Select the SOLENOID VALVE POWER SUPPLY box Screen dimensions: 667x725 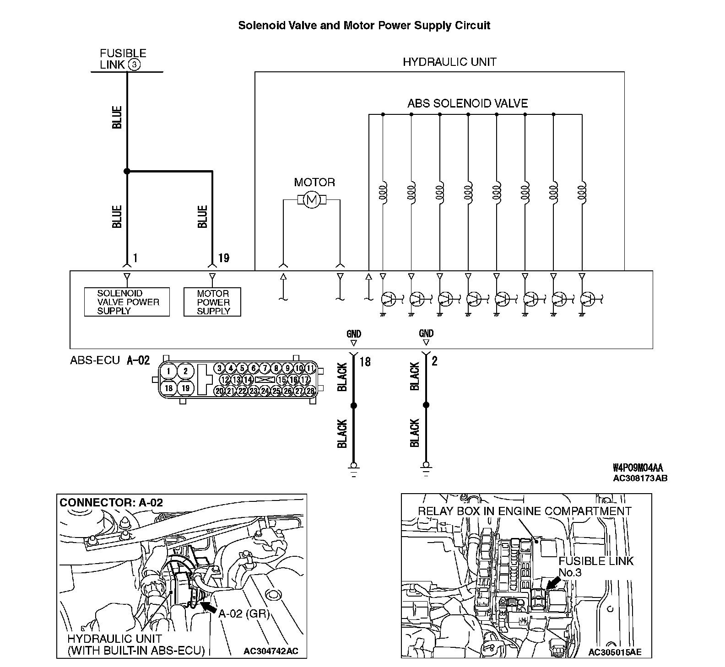pyautogui.click(x=127, y=302)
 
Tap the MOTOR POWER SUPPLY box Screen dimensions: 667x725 pyautogui.click(x=212, y=302)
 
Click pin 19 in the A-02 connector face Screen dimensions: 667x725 pyautogui.click(x=185, y=388)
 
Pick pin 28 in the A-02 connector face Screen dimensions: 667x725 pyautogui.click(x=311, y=391)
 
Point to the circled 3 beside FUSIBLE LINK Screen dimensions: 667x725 pyautogui.click(x=134, y=65)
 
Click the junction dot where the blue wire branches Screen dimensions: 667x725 pyautogui.click(x=127, y=172)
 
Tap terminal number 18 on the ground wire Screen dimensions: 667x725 pyautogui.click(x=365, y=361)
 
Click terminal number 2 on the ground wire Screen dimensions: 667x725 pyautogui.click(x=434, y=361)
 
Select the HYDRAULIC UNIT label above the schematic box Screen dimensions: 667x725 pyautogui.click(x=449, y=62)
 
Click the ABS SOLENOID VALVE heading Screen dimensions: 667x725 pyautogui.click(x=467, y=103)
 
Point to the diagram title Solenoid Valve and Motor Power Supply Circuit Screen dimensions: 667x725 pyautogui.click(x=364, y=26)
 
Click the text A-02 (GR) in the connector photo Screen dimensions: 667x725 pyautogui.click(x=243, y=613)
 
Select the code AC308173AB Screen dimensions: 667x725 pyautogui.click(x=640, y=479)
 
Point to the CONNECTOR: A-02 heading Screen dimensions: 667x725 pyautogui.click(x=111, y=502)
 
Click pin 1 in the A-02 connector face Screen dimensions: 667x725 pyautogui.click(x=169, y=371)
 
